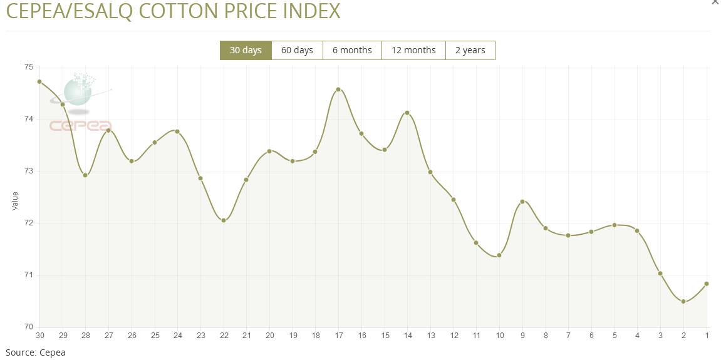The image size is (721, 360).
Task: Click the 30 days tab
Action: click(x=246, y=50)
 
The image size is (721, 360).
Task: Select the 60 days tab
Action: click(x=297, y=50)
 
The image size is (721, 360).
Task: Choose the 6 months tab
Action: click(x=352, y=50)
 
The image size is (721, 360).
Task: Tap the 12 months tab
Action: click(x=413, y=50)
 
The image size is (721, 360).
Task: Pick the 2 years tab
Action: click(x=470, y=50)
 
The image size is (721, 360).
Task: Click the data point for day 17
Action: click(x=338, y=90)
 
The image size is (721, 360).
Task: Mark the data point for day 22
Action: click(x=224, y=220)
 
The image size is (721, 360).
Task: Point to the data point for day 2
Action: click(x=683, y=302)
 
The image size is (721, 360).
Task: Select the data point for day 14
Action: click(x=407, y=113)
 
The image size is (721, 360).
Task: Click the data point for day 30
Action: click(x=39, y=81)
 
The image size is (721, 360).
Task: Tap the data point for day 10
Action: click(x=499, y=255)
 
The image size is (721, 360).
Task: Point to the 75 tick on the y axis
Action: click(x=29, y=67)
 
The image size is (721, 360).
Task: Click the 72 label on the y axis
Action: click(x=29, y=224)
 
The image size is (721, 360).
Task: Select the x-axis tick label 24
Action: click(x=178, y=336)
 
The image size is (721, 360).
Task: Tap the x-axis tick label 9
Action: click(x=522, y=336)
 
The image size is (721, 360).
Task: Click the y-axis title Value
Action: click(x=15, y=200)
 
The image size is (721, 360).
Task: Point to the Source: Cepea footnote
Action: click(x=36, y=352)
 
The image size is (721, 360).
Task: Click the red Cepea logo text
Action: click(x=80, y=126)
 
